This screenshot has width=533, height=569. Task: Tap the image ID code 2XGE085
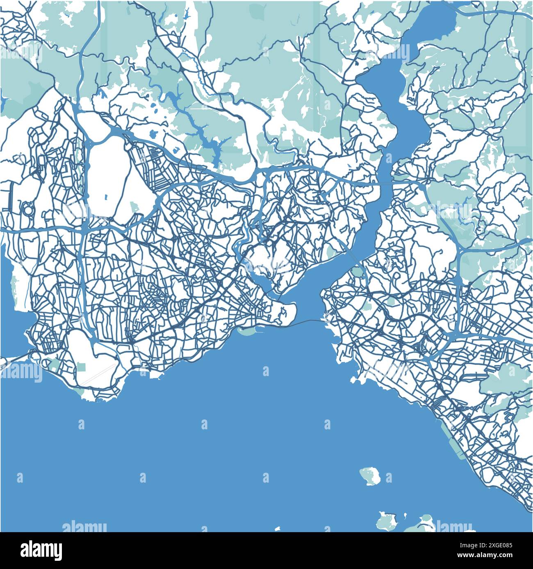point(499,544)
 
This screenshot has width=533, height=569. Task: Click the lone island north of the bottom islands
point(371,476)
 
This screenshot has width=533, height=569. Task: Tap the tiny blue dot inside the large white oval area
point(106,197)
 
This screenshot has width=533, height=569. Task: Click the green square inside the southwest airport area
point(81,367)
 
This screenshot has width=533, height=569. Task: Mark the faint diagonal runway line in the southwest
point(97,373)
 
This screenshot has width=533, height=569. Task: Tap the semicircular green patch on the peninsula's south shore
point(246,331)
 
